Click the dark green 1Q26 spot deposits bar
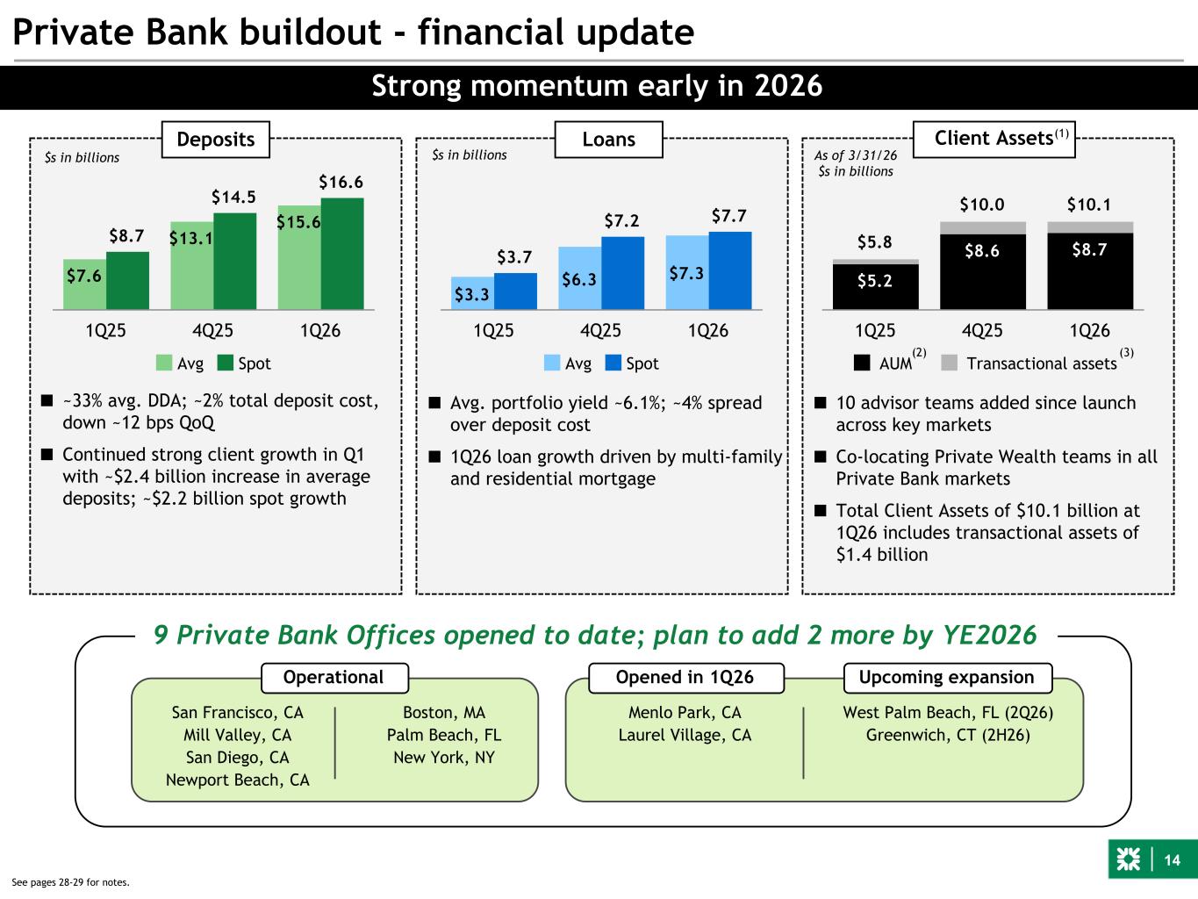342,254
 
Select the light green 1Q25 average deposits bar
84,284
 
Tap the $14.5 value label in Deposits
233,197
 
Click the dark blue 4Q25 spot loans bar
623,273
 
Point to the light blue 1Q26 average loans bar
687,273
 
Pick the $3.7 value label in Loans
514,256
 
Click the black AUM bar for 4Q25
982,272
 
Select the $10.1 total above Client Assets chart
1089,205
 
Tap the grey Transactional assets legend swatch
949,363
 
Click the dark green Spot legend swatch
225,363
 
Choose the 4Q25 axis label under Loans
600,330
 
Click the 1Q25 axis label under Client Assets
875,330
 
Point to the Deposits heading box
216,140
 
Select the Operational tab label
334,678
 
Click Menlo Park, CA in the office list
685,712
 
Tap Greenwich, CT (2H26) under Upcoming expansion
948,735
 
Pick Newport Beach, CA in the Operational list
238,780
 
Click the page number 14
1173,860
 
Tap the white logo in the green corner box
1128,859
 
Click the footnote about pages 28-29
70,882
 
